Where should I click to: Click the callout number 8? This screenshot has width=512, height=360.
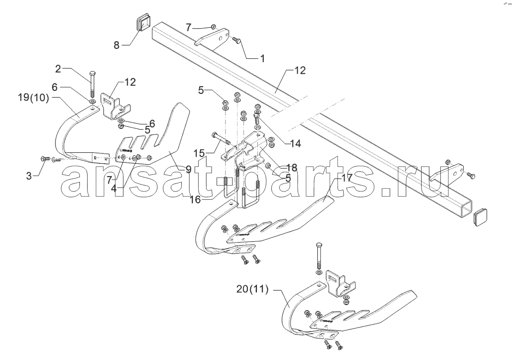click(117, 45)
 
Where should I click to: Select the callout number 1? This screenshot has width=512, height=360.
click(262, 59)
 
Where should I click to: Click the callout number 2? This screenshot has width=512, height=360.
click(58, 69)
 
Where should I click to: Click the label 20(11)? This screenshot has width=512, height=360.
click(252, 290)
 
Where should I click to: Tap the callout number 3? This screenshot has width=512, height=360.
click(29, 176)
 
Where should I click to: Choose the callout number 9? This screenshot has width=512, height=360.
click(188, 169)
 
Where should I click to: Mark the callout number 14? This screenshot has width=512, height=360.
click(295, 143)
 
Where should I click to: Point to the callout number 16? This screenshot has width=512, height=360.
click(195, 199)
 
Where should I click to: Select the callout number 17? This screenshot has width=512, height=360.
click(347, 178)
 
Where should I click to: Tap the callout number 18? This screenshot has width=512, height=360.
click(291, 168)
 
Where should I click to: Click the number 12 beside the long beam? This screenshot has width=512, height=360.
click(300, 70)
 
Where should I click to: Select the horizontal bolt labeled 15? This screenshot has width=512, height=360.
click(222, 138)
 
